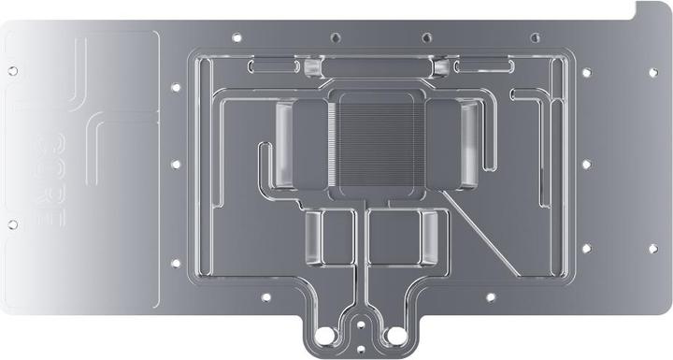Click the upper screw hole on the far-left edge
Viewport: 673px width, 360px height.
point(12,69)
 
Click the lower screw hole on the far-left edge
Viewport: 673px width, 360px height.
point(12,223)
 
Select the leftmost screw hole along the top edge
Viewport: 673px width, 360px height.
point(236,37)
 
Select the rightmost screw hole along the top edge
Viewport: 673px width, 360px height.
point(535,37)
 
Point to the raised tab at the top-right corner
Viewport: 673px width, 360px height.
point(648,9)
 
